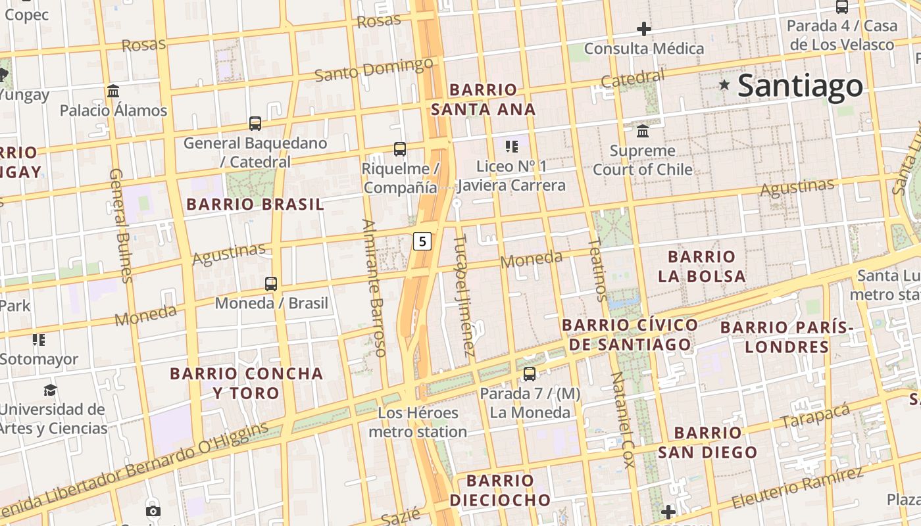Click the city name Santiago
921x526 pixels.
[x=800, y=86]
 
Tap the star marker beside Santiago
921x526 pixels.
[x=724, y=85]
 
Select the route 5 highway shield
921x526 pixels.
[x=422, y=241]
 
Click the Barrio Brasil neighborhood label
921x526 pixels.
[x=255, y=204]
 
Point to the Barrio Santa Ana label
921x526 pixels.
[x=484, y=99]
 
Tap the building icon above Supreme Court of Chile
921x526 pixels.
[x=643, y=131]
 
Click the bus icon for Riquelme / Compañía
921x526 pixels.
[x=399, y=149]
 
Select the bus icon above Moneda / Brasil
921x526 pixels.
[x=270, y=284]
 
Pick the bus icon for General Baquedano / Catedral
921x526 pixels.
[x=255, y=123]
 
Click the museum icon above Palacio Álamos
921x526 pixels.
[x=113, y=91]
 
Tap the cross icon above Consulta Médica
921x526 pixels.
[x=643, y=29]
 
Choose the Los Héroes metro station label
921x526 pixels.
[x=418, y=422]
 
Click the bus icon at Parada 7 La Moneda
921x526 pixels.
[x=529, y=374]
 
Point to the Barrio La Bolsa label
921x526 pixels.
[x=702, y=266]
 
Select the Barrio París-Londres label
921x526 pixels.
[x=787, y=337]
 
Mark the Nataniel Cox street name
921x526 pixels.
[x=622, y=419]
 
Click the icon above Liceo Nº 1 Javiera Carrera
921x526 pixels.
[x=511, y=146]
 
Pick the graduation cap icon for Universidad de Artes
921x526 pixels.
[x=50, y=391]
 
